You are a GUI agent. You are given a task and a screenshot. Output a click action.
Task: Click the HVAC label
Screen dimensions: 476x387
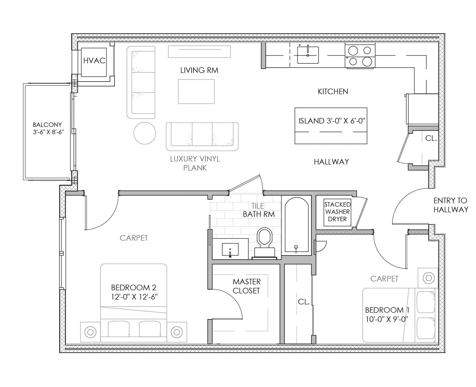coord(94,60)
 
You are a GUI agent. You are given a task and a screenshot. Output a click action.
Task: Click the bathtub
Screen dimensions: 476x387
coord(296,226)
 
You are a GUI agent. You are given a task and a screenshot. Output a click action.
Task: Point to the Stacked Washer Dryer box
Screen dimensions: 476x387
coord(337,212)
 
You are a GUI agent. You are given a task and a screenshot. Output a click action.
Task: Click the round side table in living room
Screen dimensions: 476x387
coord(145,133)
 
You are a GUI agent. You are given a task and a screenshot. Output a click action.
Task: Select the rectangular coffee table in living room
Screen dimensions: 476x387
coord(196,92)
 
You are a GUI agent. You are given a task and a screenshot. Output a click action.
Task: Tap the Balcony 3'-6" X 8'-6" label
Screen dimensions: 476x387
coord(48,128)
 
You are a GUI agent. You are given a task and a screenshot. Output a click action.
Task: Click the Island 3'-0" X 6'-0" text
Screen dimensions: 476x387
coord(332,121)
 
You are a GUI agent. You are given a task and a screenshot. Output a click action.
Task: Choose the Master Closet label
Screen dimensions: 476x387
coord(247,286)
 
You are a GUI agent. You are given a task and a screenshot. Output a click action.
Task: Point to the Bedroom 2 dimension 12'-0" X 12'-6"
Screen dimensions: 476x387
coord(134,297)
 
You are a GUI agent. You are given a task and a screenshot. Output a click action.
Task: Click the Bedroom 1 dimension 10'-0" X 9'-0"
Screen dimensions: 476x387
coord(385,319)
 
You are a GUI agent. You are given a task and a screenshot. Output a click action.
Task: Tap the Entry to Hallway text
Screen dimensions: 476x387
coord(450,205)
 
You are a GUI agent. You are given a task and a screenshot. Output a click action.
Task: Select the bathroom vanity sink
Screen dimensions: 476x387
coord(230,249)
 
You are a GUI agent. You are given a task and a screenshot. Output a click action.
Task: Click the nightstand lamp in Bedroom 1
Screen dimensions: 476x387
coord(428,278)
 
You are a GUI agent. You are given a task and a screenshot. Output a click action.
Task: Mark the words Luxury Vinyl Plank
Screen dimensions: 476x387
coord(195,163)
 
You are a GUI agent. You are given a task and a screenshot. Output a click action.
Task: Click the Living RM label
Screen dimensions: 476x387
coord(199,70)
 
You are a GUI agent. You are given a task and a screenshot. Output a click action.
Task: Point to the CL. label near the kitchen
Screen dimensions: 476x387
coord(431,138)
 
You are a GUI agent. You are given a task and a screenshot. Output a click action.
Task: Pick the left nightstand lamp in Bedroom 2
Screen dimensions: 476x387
coord(91,332)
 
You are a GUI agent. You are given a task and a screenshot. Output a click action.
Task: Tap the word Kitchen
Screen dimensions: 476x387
coord(333,92)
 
